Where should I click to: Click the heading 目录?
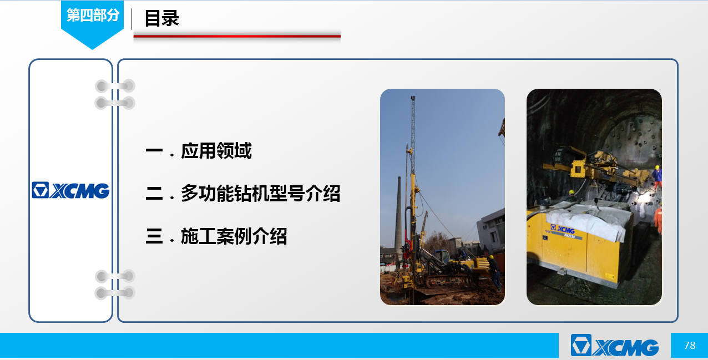(162, 18)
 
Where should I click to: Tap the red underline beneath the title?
(237, 37)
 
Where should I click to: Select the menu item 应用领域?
(216, 151)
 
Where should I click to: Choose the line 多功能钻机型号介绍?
(260, 194)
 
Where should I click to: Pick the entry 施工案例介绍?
(234, 236)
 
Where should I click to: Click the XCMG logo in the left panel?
(70, 190)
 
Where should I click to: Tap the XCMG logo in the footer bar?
(615, 345)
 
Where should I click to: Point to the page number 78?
(689, 345)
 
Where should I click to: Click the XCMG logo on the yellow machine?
(562, 229)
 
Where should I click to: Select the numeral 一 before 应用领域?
(154, 151)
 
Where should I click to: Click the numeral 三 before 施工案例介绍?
(154, 236)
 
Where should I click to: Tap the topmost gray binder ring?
(115, 86)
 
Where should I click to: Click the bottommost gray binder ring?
(115, 293)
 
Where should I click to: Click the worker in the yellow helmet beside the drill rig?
(494, 272)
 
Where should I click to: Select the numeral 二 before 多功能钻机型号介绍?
(154, 194)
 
